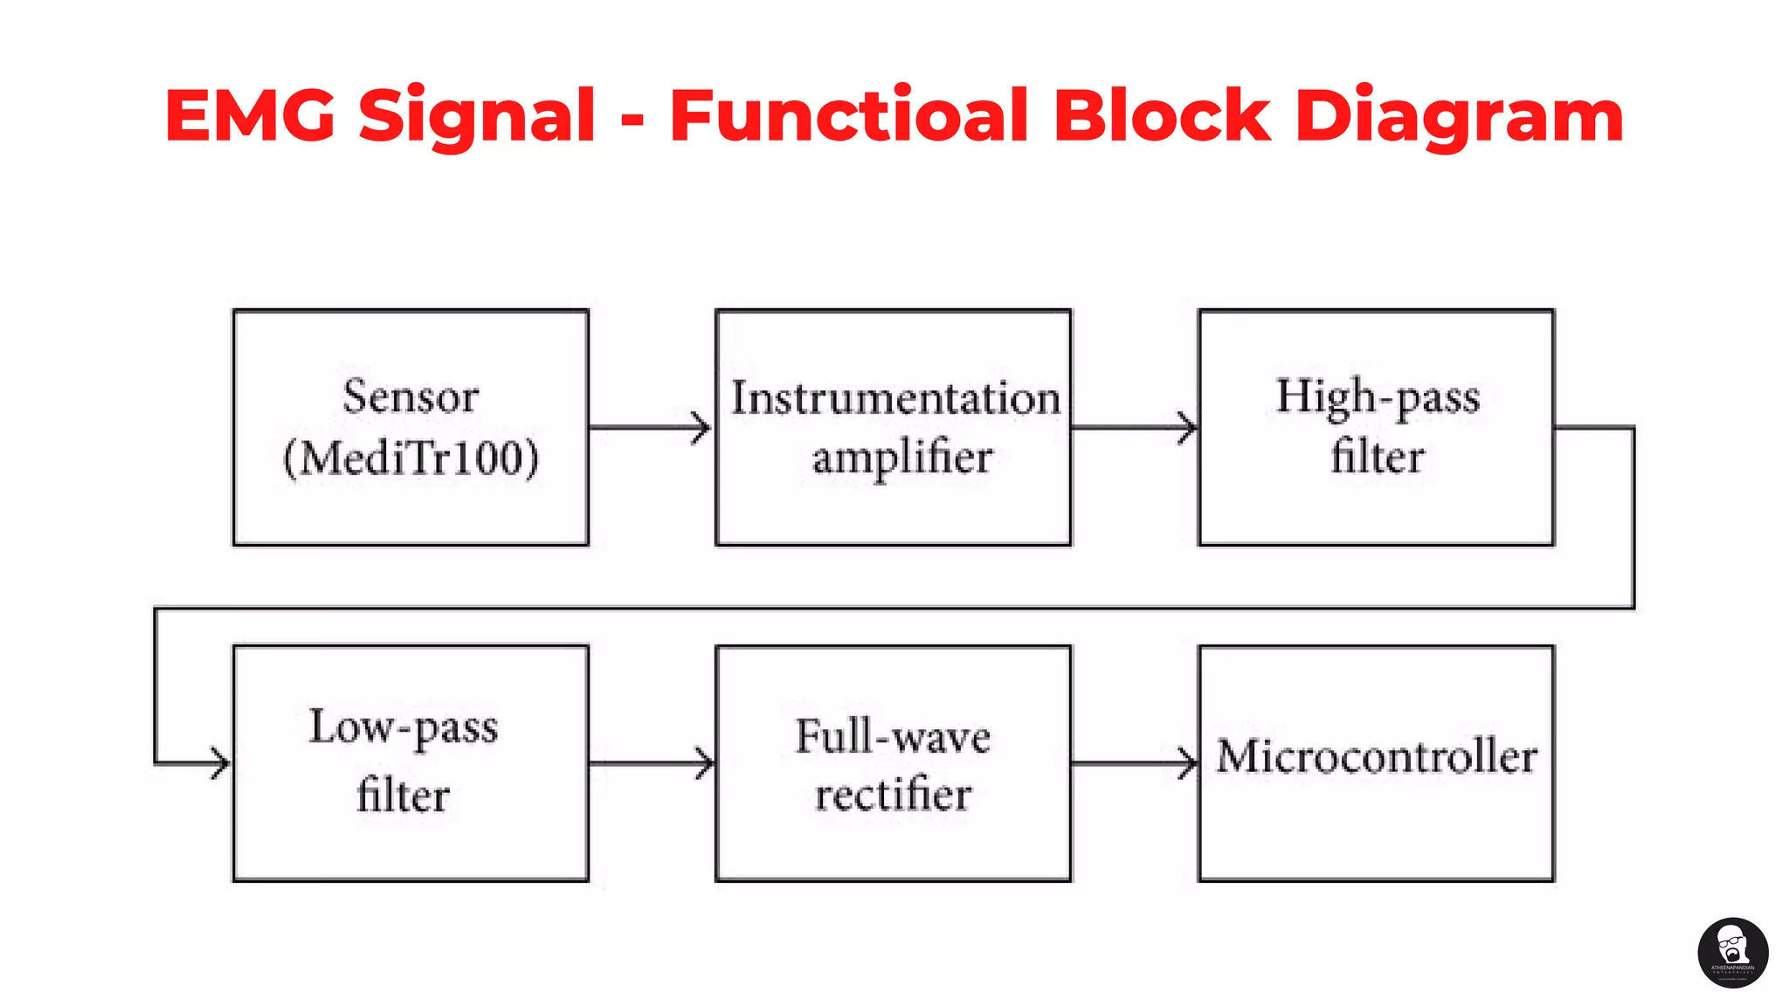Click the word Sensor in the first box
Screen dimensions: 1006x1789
411,397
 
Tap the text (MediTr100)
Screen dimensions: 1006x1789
411,458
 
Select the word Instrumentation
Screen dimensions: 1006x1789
895,398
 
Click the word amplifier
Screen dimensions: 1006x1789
902,458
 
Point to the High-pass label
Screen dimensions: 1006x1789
1378,397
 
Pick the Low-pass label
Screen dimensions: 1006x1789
404,727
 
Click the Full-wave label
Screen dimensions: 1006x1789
893,736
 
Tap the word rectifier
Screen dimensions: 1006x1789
893,795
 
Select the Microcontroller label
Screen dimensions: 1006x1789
1377,756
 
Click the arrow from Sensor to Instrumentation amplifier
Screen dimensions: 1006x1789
651,428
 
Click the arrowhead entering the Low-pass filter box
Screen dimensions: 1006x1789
218,763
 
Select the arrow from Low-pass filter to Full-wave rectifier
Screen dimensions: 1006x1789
651,763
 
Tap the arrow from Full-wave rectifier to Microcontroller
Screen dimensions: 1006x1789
1134,763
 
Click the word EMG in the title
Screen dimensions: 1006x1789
250,115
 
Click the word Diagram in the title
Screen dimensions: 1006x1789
1459,117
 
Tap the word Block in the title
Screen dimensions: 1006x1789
1162,115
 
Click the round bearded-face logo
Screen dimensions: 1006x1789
1733,953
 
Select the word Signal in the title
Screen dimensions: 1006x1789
477,117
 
